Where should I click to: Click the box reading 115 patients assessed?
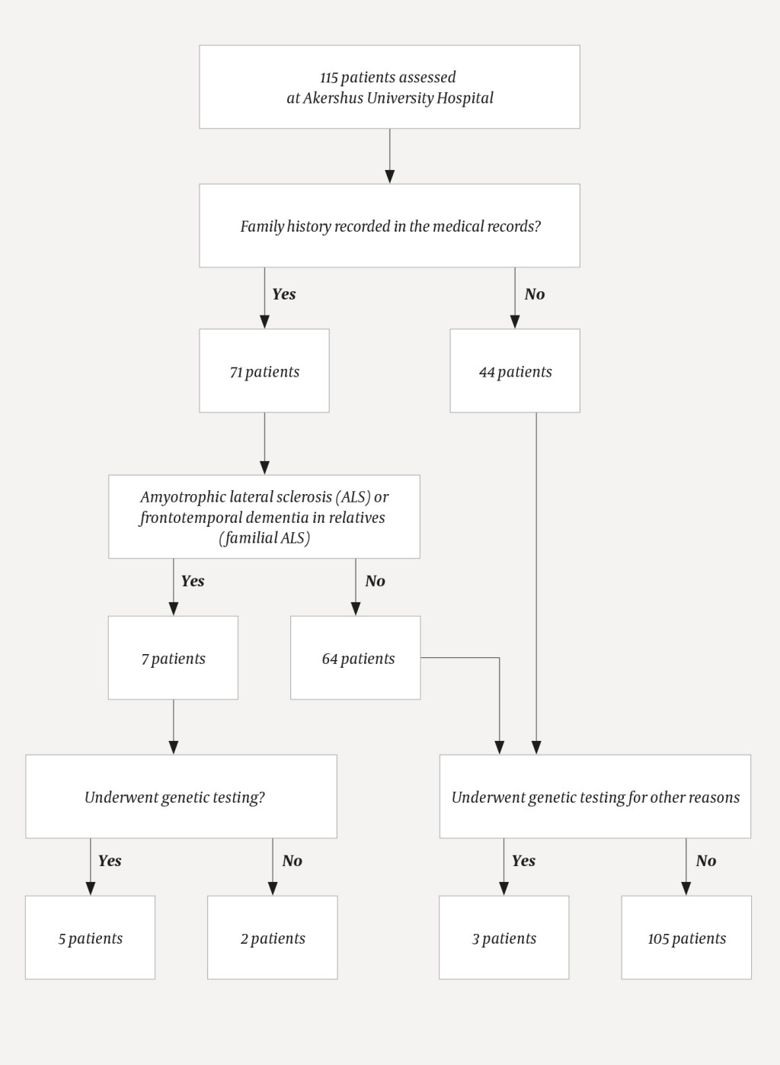pyautogui.click(x=389, y=87)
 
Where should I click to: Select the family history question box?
pyautogui.click(x=389, y=226)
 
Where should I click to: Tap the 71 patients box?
pyautogui.click(x=264, y=371)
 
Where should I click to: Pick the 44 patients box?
pyautogui.click(x=515, y=371)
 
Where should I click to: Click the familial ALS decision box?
pyautogui.click(x=264, y=517)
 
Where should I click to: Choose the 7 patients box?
pyautogui.click(x=173, y=658)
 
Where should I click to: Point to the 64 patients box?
pyautogui.click(x=356, y=658)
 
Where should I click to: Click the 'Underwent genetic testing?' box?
pyautogui.click(x=181, y=797)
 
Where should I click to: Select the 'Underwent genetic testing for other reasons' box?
pyautogui.click(x=595, y=797)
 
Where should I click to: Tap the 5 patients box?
pyautogui.click(x=90, y=938)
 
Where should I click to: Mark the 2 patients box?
pyautogui.click(x=273, y=938)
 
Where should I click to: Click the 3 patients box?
pyautogui.click(x=503, y=938)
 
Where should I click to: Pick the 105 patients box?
pyautogui.click(x=686, y=938)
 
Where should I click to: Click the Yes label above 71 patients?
pyautogui.click(x=284, y=294)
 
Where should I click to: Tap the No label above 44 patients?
pyautogui.click(x=535, y=294)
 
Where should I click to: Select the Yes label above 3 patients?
pyautogui.click(x=523, y=861)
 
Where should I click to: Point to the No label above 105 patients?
pyautogui.click(x=706, y=861)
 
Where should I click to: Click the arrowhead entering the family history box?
pyautogui.click(x=389, y=176)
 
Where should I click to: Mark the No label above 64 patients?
pyautogui.click(x=376, y=581)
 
